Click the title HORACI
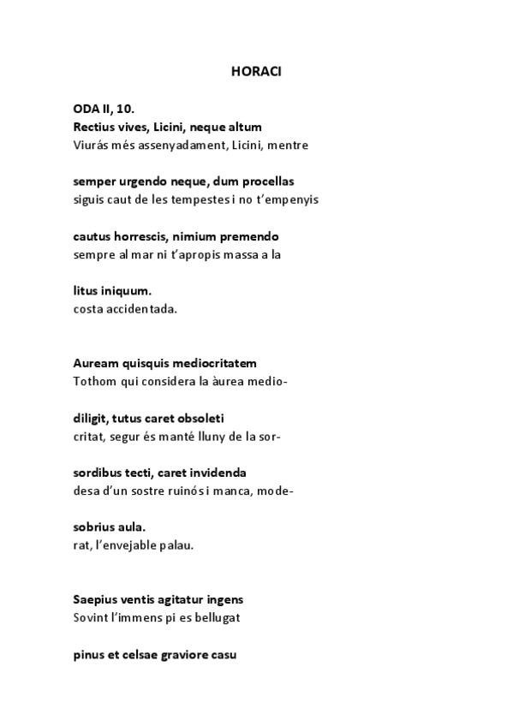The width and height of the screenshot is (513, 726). tap(255, 72)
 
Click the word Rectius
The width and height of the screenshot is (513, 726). tap(94, 127)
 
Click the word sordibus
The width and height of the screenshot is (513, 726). tap(98, 473)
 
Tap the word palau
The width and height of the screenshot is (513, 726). tap(176, 544)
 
